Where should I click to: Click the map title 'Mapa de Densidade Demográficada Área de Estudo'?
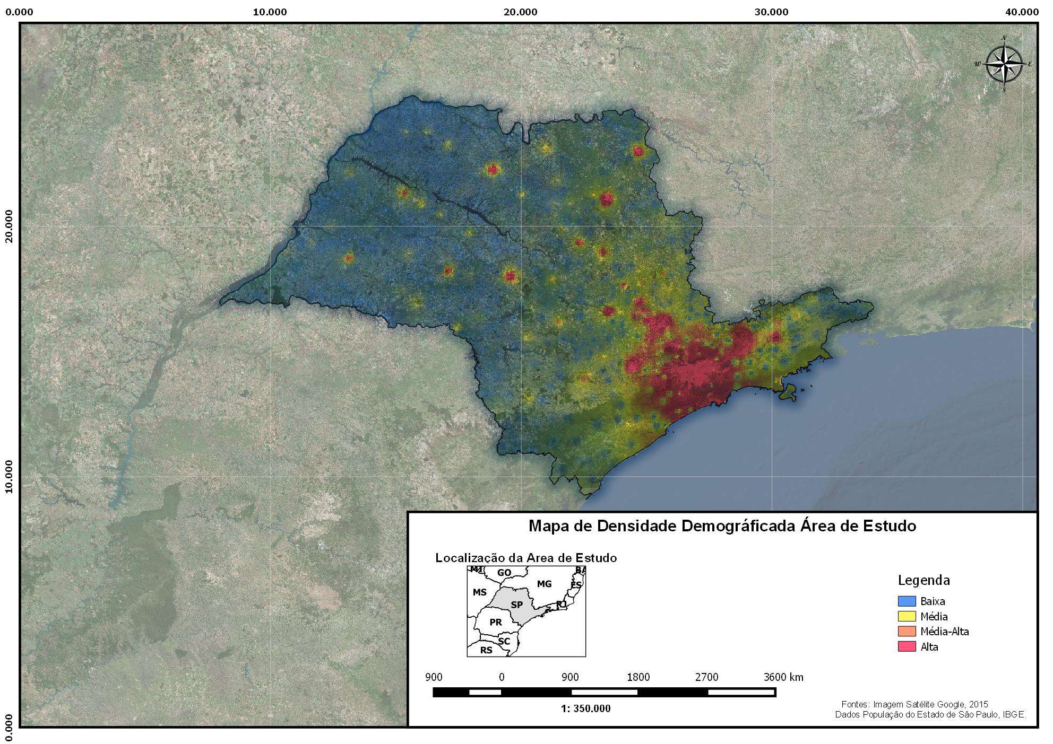click(722, 526)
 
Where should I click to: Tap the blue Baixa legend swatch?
click(907, 601)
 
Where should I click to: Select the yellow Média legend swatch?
click(907, 616)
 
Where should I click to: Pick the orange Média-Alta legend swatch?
click(907, 631)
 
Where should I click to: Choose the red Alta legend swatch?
click(907, 646)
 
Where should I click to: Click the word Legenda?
click(923, 580)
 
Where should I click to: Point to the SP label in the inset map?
click(516, 605)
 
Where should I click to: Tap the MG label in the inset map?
click(544, 584)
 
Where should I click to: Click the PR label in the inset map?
click(495, 622)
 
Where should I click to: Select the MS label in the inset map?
click(479, 592)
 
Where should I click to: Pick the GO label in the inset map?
click(504, 573)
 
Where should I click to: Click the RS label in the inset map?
click(486, 650)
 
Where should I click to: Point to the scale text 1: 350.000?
click(585, 709)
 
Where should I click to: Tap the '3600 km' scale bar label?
click(783, 677)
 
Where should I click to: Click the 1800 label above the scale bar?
click(638, 677)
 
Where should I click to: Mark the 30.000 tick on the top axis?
click(771, 12)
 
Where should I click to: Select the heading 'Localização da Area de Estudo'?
click(526, 558)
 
